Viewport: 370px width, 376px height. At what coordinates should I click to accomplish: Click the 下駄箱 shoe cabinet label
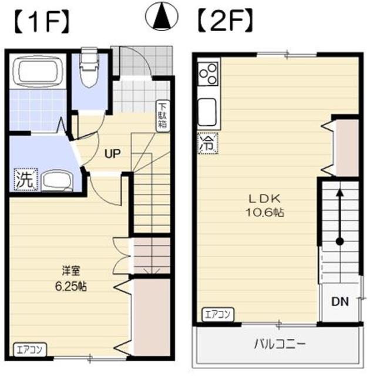[162, 116]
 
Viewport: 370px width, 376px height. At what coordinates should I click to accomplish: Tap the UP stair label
[112, 155]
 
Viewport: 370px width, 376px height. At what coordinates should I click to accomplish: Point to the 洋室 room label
[70, 271]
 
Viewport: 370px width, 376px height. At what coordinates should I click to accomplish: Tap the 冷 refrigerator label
[206, 142]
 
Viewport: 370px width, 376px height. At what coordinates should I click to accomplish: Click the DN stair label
[339, 303]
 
